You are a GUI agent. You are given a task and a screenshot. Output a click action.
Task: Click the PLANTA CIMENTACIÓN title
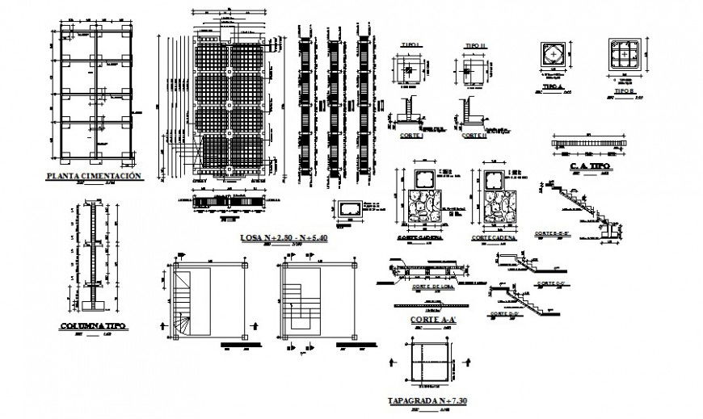[95, 174]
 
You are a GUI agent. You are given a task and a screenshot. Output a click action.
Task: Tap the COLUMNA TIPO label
[92, 326]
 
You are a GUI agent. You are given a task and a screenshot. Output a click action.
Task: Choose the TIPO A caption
[552, 85]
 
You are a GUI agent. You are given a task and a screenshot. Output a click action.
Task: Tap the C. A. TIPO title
[589, 166]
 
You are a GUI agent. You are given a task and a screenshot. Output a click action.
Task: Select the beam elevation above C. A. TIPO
[589, 141]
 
